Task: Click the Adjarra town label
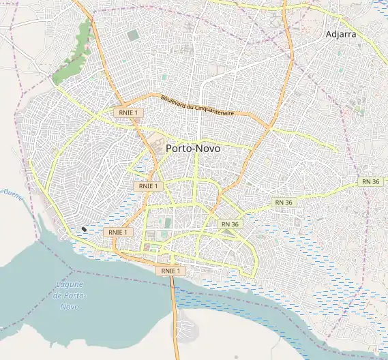click(342, 33)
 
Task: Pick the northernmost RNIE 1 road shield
click(126, 112)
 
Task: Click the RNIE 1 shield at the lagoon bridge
click(169, 271)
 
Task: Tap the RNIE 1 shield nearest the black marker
click(117, 232)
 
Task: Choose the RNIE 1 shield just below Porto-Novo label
click(148, 185)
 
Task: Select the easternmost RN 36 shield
click(370, 181)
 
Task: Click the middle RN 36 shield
click(284, 202)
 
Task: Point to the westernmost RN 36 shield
click(230, 224)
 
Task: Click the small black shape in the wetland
click(84, 229)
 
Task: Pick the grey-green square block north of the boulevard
click(132, 34)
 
